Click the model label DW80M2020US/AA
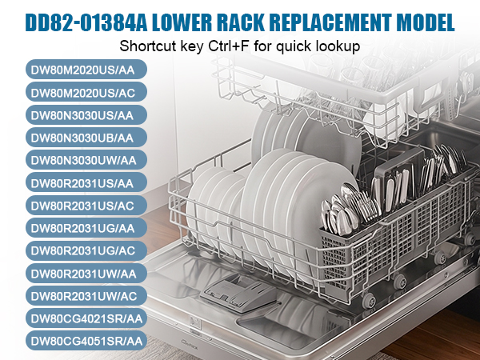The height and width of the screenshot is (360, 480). [x=86, y=70]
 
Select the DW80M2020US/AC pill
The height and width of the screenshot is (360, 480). [x=86, y=92]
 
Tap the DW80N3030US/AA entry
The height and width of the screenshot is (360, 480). [x=86, y=115]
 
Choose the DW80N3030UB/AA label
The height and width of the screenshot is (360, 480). [x=86, y=138]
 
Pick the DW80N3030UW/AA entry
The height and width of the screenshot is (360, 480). [x=86, y=160]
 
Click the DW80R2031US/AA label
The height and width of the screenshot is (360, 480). [x=86, y=182]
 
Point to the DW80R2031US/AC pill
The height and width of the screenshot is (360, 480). [x=86, y=206]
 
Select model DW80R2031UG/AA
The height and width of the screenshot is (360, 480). [x=86, y=228]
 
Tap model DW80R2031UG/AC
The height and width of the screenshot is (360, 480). [x=86, y=250]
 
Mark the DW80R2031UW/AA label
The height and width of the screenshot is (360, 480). [x=86, y=274]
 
